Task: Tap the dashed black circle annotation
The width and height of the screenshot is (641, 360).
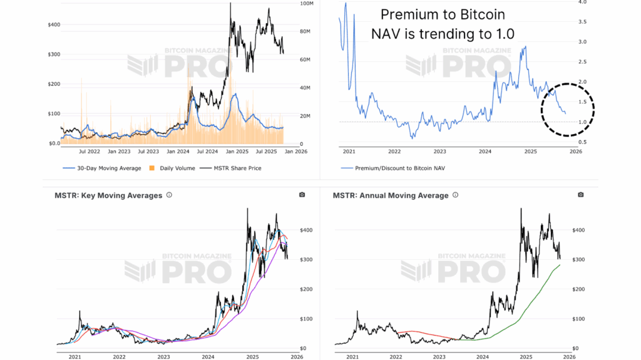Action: [x=567, y=110]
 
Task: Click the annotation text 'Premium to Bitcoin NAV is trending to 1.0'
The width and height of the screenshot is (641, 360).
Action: [x=448, y=24]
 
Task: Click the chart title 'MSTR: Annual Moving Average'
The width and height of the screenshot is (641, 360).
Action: [x=391, y=195]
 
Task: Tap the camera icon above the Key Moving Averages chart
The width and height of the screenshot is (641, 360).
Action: [x=302, y=195]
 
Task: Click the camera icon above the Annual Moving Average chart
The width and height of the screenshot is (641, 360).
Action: [x=580, y=195]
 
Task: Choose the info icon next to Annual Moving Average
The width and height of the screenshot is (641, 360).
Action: [x=456, y=195]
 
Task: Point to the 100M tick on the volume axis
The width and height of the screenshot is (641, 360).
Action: [x=307, y=4]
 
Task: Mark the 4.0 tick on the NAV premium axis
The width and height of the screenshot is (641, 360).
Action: [x=582, y=3]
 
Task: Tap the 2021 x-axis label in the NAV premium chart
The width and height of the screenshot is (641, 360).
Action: [x=349, y=151]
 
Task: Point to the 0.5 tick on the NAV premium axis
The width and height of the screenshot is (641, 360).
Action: [x=582, y=142]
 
